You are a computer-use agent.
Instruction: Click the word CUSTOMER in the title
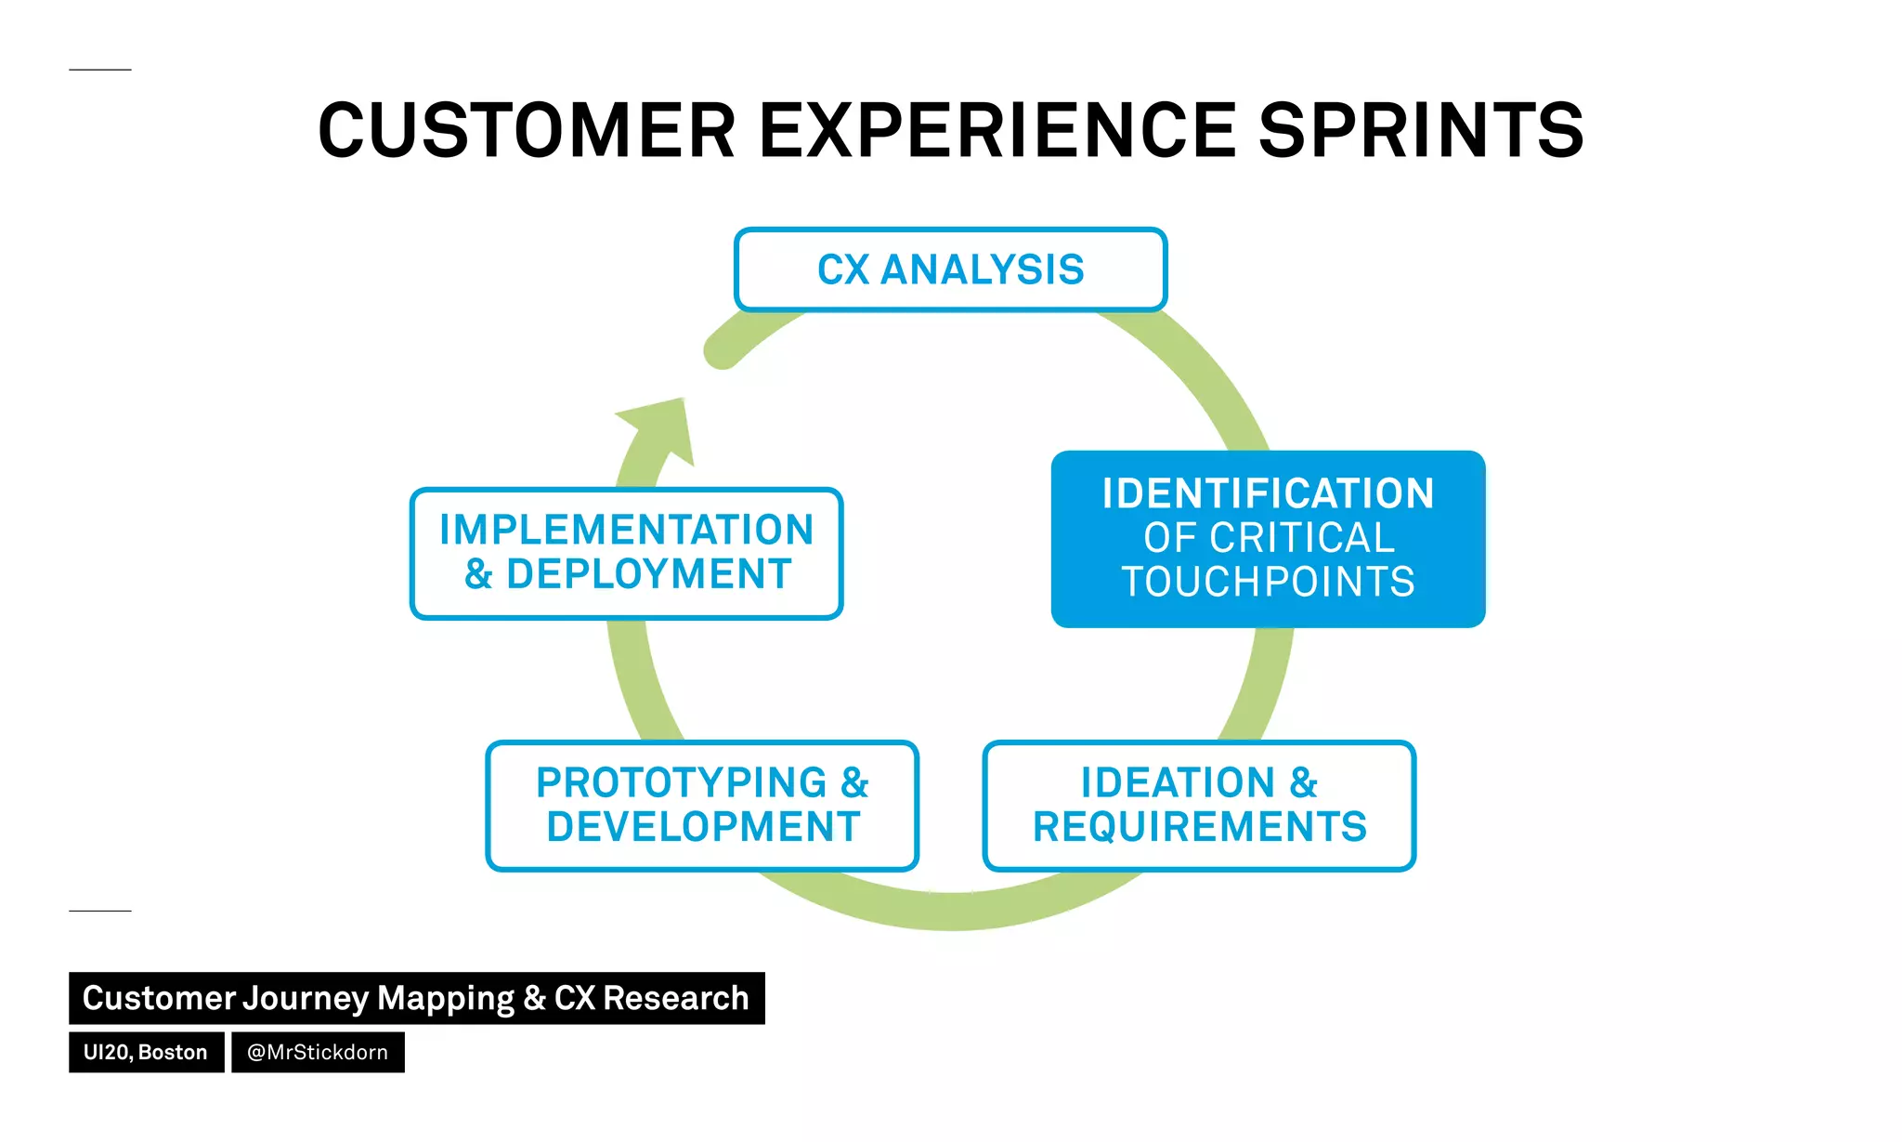tap(527, 130)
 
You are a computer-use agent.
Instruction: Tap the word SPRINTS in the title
tap(1421, 130)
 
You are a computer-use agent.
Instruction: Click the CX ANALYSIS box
tap(950, 269)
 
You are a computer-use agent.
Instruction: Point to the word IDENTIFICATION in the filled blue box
tap(1268, 493)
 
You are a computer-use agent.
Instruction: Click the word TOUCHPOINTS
tap(1268, 583)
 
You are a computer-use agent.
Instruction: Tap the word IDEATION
tap(1178, 782)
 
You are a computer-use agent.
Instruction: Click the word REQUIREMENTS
tap(1199, 827)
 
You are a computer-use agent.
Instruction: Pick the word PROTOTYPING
tap(681, 782)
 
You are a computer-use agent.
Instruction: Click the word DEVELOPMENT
tap(703, 827)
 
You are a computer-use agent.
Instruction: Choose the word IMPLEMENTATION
tap(627, 530)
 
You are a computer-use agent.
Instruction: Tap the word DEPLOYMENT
tap(648, 574)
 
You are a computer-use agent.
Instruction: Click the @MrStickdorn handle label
tap(318, 1052)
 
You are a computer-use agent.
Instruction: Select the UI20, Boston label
tap(146, 1052)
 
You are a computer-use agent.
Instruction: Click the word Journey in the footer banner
tap(305, 998)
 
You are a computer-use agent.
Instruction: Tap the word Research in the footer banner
tap(675, 998)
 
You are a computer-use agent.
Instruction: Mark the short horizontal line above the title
tap(100, 70)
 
